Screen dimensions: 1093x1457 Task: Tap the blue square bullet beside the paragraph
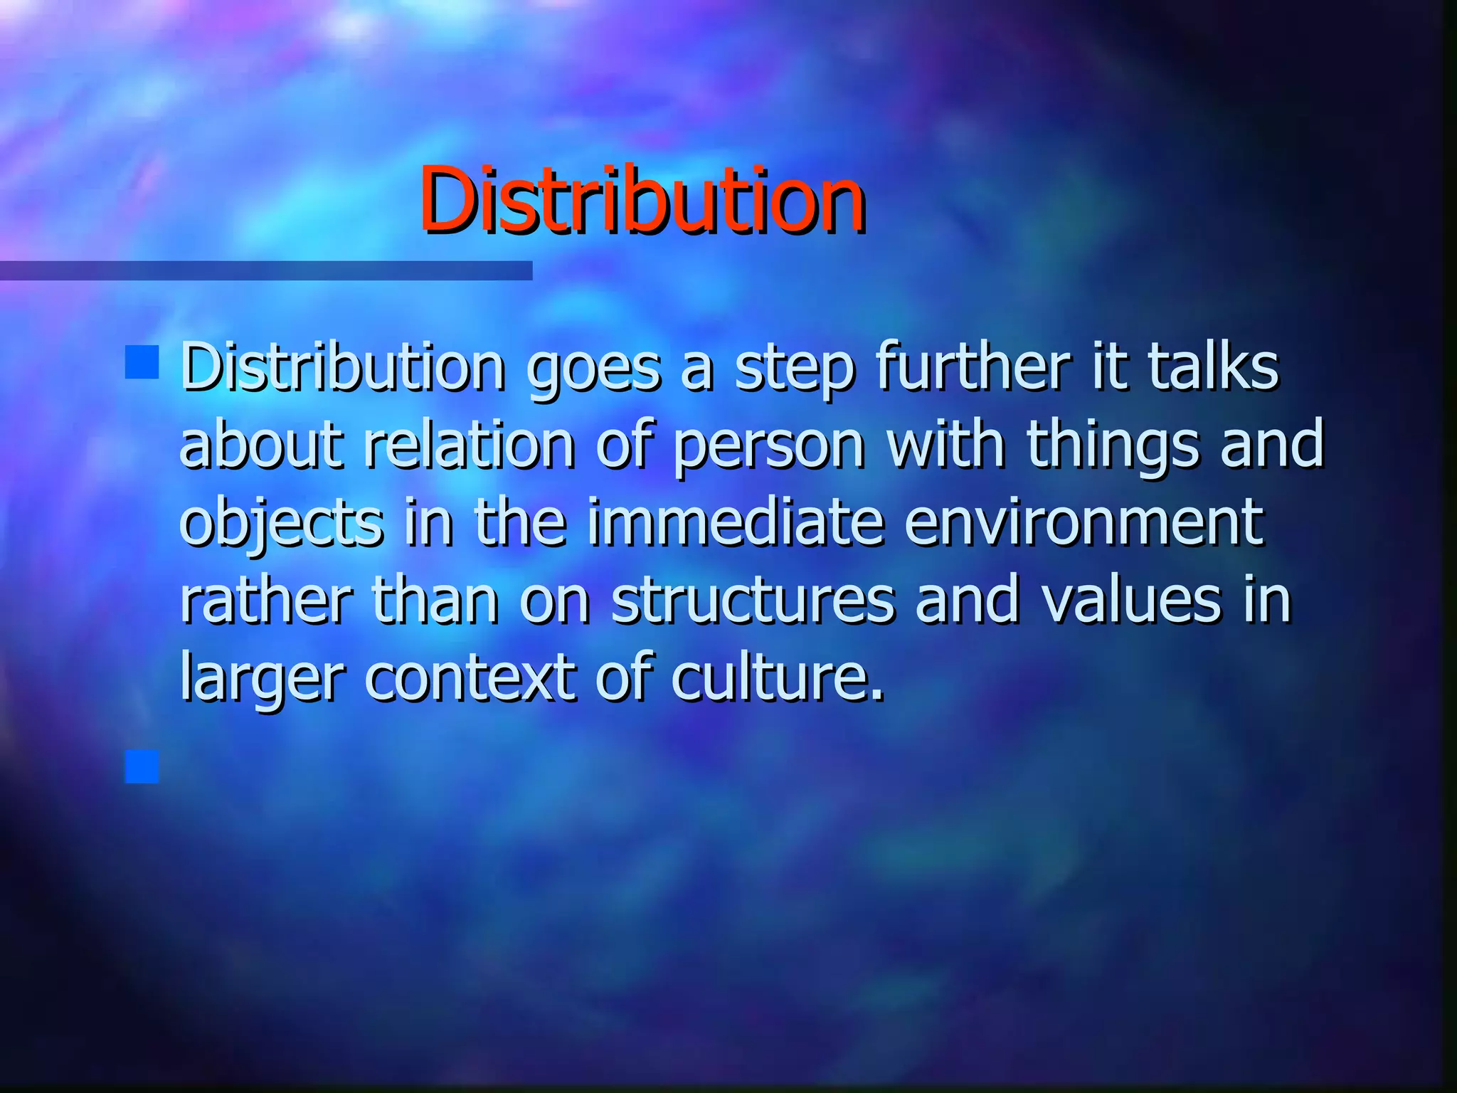pos(142,362)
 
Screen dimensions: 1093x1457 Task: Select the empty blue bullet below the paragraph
pos(142,766)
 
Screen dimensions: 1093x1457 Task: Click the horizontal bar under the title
pos(265,270)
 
